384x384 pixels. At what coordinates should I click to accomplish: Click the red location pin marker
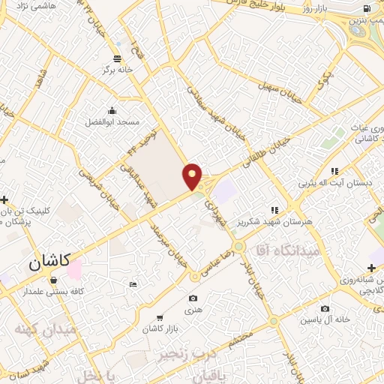[192, 175]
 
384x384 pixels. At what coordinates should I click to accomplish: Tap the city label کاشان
[49, 262]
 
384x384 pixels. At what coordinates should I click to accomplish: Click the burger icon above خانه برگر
[116, 58]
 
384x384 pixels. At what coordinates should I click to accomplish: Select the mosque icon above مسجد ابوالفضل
[112, 109]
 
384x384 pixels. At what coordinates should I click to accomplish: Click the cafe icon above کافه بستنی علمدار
[53, 280]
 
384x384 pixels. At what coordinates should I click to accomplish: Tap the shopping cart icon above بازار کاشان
[159, 318]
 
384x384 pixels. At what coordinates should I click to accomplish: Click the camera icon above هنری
[193, 298]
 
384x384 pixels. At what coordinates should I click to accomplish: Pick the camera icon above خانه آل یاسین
[325, 308]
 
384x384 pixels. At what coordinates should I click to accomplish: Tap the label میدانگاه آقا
[288, 250]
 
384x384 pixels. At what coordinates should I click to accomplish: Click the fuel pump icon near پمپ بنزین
[366, 9]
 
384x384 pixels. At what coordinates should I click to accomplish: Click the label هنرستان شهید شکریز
[289, 221]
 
